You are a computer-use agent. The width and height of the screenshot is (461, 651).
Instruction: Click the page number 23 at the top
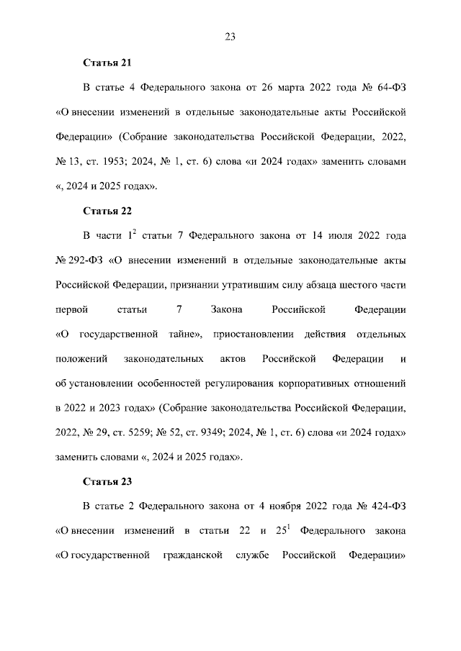230,37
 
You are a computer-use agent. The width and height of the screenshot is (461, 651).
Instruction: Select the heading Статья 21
107,63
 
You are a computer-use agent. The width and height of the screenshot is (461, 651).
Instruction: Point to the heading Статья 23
107,481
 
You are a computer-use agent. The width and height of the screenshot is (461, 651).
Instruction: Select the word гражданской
192,556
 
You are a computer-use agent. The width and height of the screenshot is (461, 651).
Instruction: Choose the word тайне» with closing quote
183,334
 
